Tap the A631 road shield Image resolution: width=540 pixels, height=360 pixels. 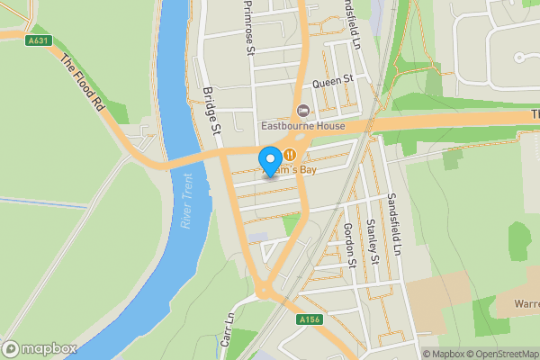(x=38, y=40)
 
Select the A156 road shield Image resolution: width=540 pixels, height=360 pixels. (x=308, y=319)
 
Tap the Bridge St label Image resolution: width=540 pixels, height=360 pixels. (x=212, y=112)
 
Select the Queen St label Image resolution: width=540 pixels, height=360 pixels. (x=330, y=81)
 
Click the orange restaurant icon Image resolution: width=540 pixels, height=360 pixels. (x=290, y=155)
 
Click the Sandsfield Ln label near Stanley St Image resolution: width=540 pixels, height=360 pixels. (x=392, y=221)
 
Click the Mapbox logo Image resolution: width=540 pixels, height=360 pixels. (x=40, y=348)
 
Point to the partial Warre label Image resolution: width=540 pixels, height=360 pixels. (x=526, y=302)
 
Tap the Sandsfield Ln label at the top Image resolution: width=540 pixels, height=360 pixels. (x=354, y=23)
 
